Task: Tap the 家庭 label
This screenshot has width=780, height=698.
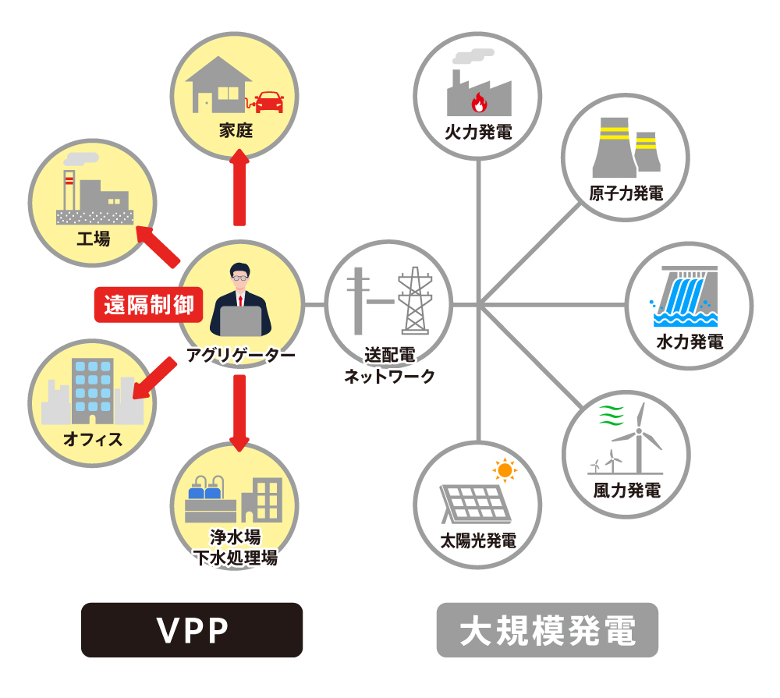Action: (235, 130)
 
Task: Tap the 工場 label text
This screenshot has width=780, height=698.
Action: (93, 238)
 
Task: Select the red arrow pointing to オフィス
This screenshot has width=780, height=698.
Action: (153, 379)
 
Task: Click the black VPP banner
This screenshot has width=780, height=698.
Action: (192, 630)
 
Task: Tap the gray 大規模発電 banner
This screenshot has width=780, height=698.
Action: (547, 630)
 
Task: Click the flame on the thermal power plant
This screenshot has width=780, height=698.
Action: (479, 103)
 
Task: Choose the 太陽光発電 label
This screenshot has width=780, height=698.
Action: (478, 540)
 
